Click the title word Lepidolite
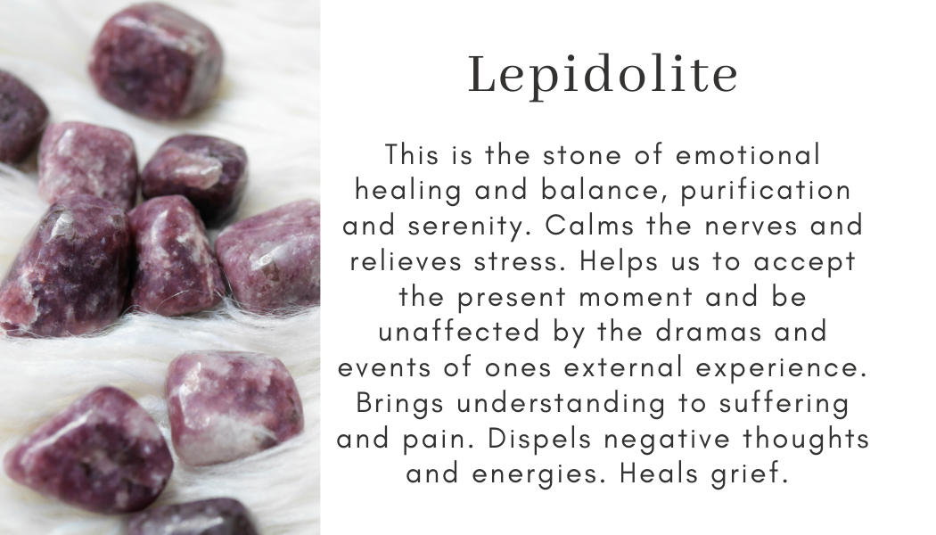603,76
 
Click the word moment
647,297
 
